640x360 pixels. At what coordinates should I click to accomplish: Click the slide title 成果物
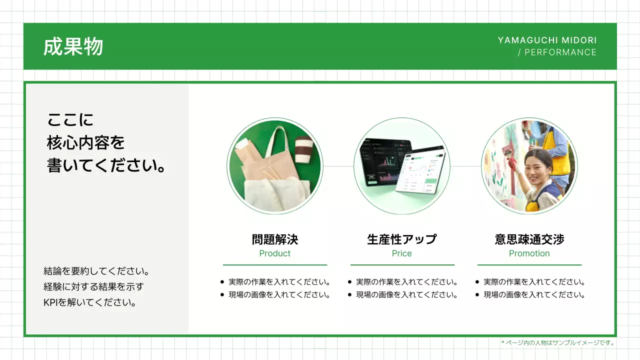tap(73, 46)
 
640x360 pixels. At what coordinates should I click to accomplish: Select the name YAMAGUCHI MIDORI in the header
tap(547, 40)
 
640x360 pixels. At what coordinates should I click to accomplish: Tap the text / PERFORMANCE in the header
tap(557, 52)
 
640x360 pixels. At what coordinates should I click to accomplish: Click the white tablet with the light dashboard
tap(420, 170)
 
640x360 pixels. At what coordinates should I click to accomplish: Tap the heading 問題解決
tap(274, 239)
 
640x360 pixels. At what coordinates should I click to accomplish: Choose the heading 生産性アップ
tap(401, 239)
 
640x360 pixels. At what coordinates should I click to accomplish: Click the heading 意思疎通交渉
tap(529, 239)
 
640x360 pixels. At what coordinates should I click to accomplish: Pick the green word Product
tap(274, 253)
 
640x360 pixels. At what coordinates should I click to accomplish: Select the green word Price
tap(401, 253)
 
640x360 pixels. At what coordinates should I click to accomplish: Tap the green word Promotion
tap(529, 253)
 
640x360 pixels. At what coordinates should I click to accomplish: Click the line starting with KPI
tap(90, 302)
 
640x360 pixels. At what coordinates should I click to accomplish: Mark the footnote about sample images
tap(557, 343)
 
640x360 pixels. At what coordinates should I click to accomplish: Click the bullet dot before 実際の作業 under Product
tap(222, 282)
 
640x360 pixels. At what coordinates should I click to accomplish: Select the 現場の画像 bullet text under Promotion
tap(534, 295)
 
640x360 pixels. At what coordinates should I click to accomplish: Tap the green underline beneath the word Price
tap(402, 264)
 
